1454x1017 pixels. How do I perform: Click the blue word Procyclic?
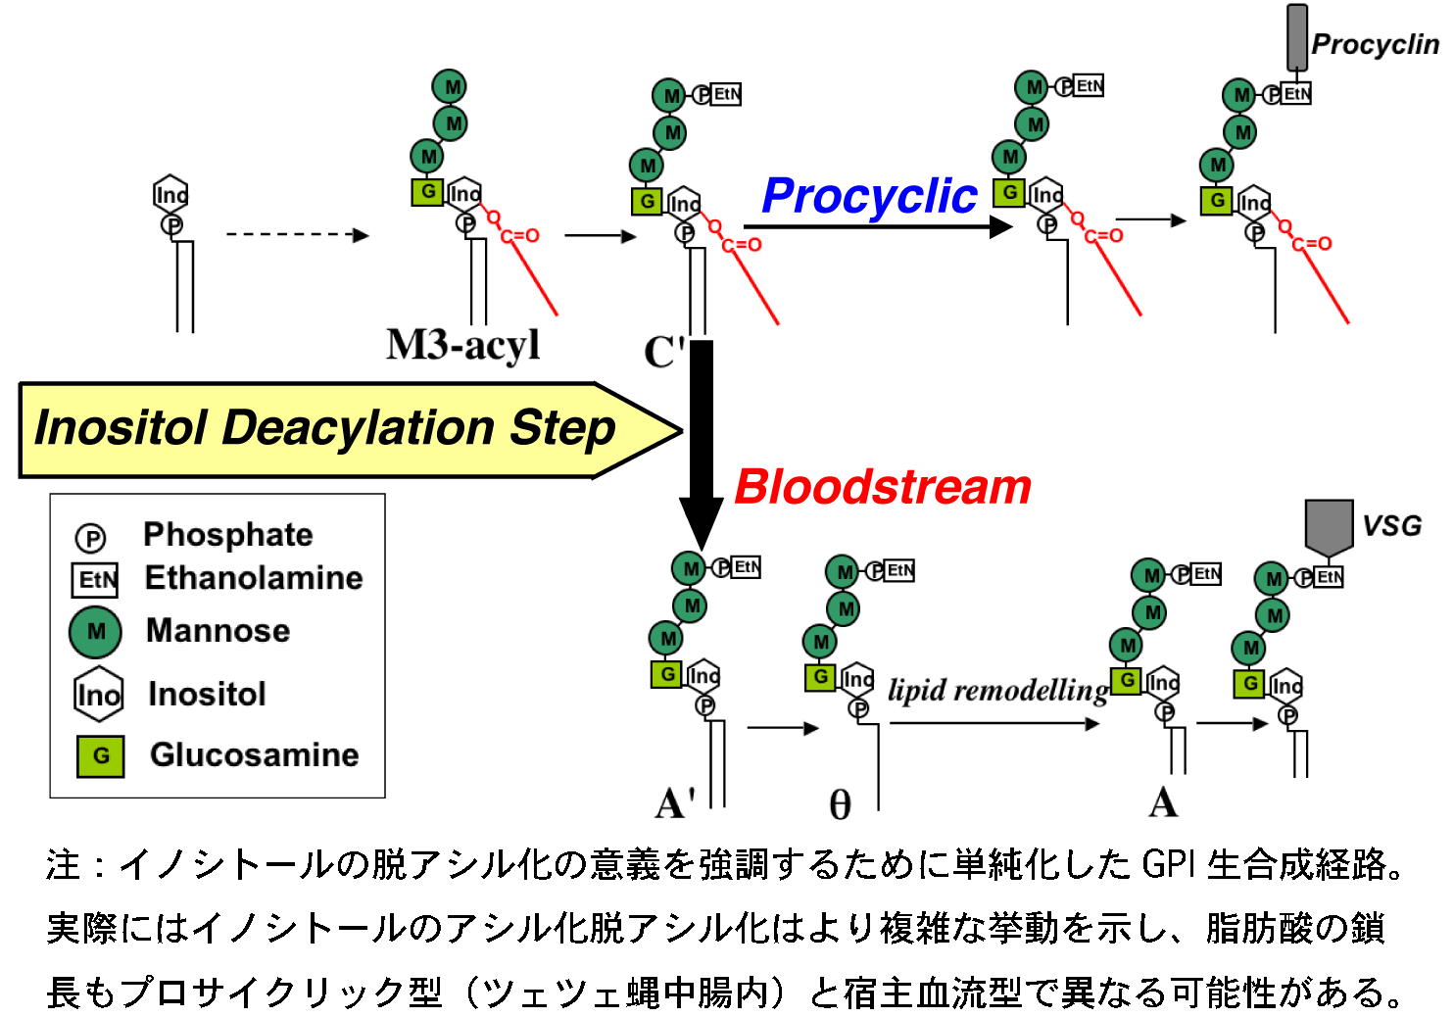click(x=869, y=196)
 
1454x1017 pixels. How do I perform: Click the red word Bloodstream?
click(x=883, y=487)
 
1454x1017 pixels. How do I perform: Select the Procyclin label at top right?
click(x=1375, y=44)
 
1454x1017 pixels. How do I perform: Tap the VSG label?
click(x=1391, y=526)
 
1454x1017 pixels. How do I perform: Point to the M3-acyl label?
click(x=463, y=345)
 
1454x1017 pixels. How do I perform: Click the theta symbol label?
click(x=840, y=805)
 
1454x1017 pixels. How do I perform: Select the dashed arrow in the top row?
click(x=297, y=235)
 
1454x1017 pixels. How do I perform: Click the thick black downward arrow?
click(x=702, y=441)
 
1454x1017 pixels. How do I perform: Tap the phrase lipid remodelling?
click(x=997, y=690)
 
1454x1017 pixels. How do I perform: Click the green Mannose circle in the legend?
click(x=96, y=632)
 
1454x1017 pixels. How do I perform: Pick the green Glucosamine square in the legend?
click(x=101, y=756)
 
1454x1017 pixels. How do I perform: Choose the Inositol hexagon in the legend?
click(x=99, y=695)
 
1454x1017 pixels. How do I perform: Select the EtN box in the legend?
click(x=95, y=580)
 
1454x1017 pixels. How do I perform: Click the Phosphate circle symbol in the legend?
click(x=90, y=538)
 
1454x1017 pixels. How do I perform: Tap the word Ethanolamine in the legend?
click(x=254, y=578)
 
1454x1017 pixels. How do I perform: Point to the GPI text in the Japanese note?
click(x=1169, y=864)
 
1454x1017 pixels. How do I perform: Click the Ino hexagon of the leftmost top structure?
click(x=170, y=195)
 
